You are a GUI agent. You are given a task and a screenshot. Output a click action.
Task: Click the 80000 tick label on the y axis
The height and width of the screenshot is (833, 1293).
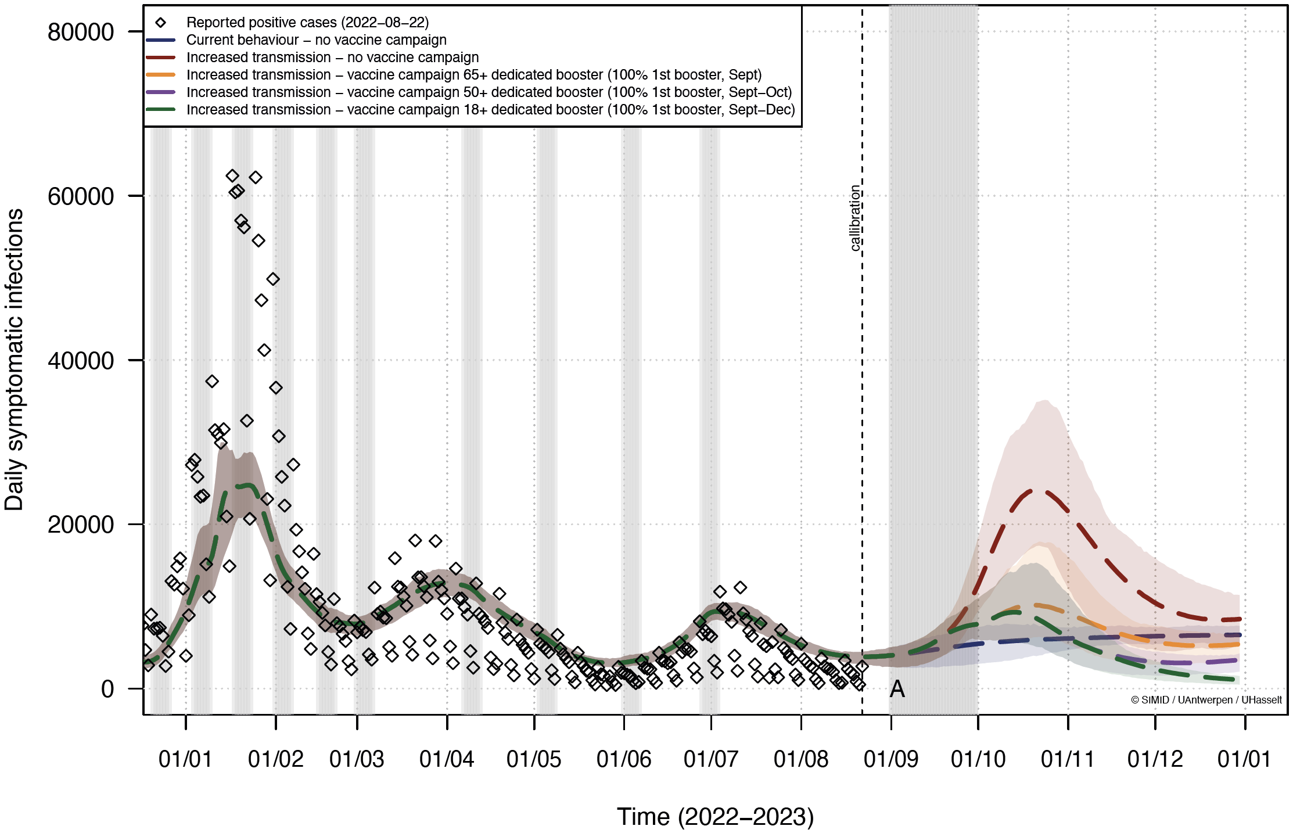tap(81, 32)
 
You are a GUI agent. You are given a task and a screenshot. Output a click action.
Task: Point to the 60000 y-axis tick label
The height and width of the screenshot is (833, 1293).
tap(81, 196)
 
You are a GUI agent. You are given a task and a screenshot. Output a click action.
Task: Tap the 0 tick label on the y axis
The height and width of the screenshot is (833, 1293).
tap(107, 689)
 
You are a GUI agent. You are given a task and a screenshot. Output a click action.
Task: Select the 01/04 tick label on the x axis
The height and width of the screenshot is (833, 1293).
tap(447, 759)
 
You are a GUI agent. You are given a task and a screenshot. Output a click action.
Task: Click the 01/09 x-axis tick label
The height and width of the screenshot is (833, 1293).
tap(891, 759)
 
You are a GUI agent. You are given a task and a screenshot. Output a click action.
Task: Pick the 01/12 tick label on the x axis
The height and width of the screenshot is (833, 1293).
tap(1155, 759)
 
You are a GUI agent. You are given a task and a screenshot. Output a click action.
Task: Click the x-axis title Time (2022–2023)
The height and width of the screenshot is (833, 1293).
tap(715, 817)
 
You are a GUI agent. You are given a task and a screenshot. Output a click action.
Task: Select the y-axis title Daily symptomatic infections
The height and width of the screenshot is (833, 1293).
tap(14, 360)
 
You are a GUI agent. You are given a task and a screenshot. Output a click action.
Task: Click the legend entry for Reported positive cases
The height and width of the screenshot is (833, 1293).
tap(307, 23)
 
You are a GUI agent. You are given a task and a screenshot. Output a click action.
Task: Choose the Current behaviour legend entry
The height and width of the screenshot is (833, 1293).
tap(316, 40)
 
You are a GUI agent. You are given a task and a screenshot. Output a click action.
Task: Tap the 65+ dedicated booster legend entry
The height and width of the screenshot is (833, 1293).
tap(473, 75)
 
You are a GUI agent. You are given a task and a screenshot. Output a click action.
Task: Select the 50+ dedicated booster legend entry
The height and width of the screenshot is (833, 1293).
tap(489, 92)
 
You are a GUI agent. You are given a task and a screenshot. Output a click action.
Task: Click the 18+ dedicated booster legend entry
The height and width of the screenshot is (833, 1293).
tap(490, 110)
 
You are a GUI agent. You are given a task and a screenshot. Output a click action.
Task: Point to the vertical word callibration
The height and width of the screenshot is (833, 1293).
tap(854, 218)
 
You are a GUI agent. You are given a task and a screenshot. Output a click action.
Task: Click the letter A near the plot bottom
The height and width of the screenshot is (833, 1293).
tap(897, 690)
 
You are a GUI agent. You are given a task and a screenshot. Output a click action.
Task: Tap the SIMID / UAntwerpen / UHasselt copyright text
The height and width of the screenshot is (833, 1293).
tap(1206, 700)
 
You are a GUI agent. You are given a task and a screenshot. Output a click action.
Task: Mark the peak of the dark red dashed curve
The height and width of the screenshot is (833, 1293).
tap(1038, 491)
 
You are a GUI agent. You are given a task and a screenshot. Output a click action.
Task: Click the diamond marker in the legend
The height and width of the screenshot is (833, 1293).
tap(161, 23)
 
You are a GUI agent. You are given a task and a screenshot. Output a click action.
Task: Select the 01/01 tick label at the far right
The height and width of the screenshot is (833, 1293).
tap(1244, 759)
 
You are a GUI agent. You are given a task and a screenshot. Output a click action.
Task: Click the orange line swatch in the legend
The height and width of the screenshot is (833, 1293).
tap(161, 75)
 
